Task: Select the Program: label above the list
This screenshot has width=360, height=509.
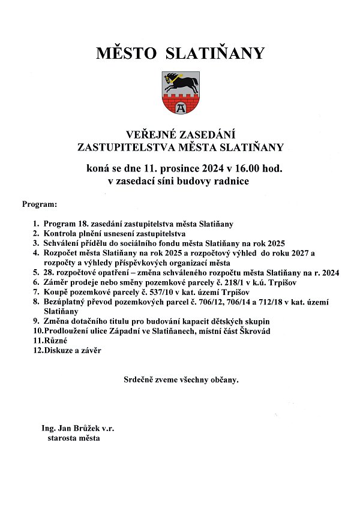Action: (x=40, y=204)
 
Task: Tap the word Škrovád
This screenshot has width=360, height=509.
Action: (x=254, y=331)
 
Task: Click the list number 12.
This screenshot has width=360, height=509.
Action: (x=37, y=350)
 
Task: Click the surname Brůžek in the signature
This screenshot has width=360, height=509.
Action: (x=88, y=428)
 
